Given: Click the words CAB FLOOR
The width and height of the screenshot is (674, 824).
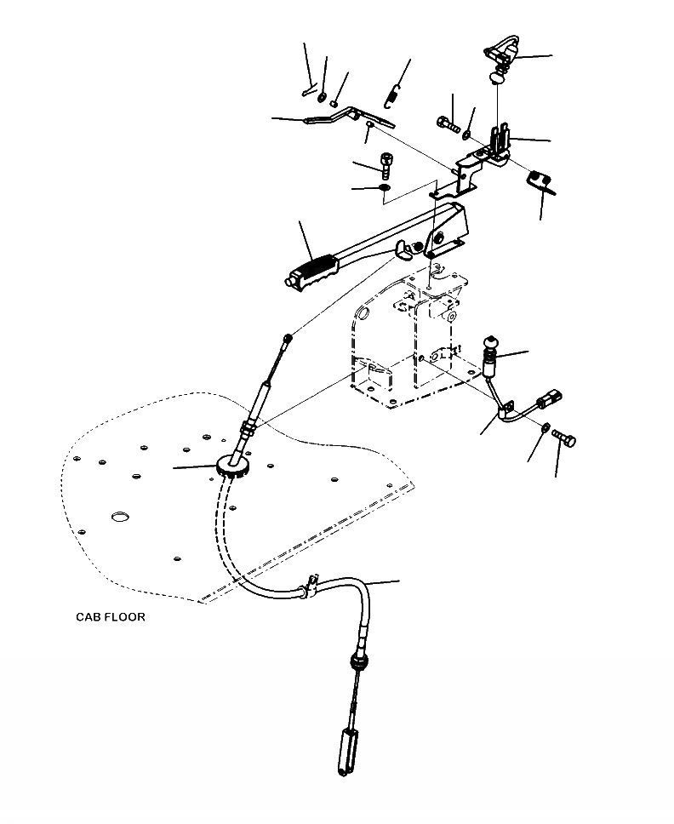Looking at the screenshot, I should (110, 617).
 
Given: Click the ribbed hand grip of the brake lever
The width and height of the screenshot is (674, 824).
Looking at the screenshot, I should (313, 271).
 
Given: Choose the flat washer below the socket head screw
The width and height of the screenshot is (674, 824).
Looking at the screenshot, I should (383, 187).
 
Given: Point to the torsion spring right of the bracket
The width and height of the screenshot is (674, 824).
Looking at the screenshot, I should (539, 180).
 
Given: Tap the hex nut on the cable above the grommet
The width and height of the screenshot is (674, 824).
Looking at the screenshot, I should (248, 426).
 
